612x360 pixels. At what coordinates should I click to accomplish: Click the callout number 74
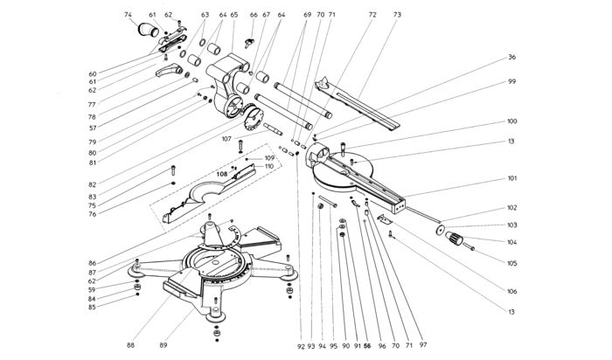128,15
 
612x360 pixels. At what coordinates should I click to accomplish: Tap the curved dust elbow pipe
148,30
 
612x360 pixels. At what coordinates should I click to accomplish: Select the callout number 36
511,57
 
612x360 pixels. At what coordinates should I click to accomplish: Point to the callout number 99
511,81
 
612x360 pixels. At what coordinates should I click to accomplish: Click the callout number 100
511,121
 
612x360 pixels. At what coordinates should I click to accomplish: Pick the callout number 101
511,178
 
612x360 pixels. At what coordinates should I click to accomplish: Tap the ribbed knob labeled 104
454,238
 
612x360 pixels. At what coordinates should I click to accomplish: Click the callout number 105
511,263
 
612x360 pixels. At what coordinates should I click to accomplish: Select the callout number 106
511,291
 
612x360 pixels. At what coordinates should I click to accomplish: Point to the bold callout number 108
222,175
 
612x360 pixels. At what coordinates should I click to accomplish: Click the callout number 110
269,167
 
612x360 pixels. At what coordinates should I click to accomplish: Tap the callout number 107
226,139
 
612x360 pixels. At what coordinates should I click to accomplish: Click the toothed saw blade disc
254,116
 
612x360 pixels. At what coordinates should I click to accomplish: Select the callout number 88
130,345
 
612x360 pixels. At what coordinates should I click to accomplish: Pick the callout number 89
163,345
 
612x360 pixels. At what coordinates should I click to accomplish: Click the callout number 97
423,345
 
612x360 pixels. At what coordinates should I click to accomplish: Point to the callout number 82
92,184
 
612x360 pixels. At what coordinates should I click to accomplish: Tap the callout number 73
397,15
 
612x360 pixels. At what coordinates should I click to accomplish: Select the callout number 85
92,308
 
